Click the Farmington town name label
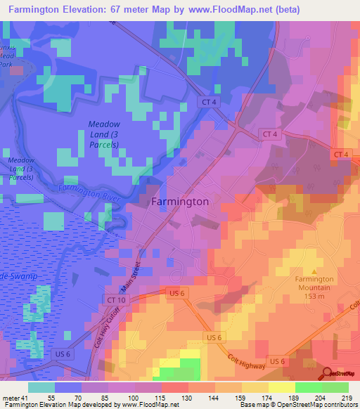[x=180, y=202]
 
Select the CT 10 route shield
[x=116, y=299]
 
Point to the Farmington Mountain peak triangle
[x=314, y=271]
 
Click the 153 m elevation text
[x=314, y=296]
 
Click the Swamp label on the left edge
[x=19, y=277]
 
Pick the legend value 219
[x=347, y=398]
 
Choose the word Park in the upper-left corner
[x=6, y=64]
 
